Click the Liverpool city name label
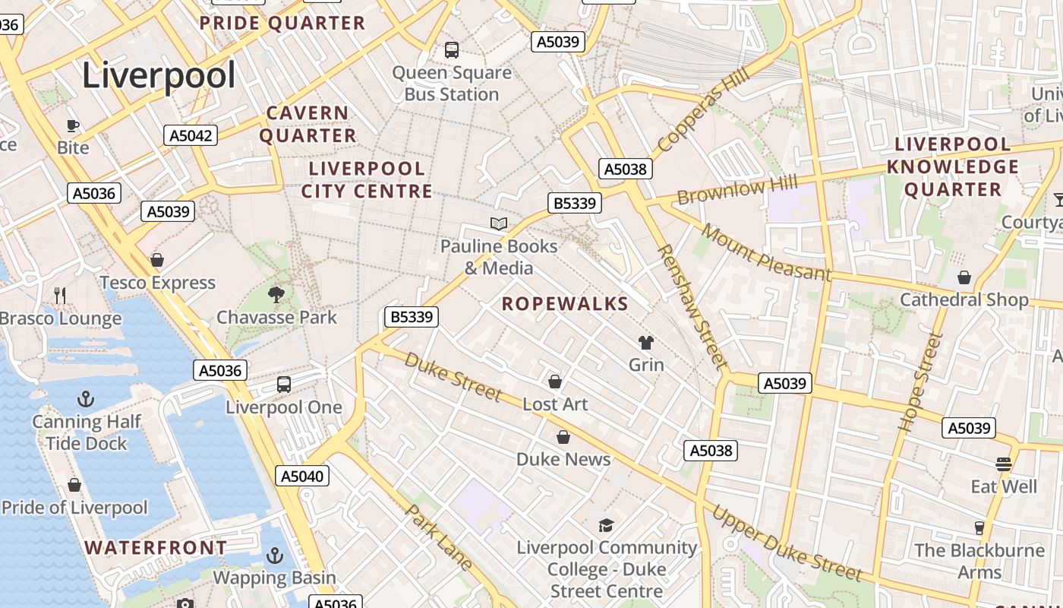coord(159,75)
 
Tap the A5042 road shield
coord(191,135)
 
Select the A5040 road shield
coord(301,477)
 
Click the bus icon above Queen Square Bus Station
coord(452,50)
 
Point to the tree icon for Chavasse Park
coord(276,294)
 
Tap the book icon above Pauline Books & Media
coord(499,223)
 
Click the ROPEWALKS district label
coord(565,304)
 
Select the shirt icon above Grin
coord(646,343)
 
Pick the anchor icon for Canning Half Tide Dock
coord(86,399)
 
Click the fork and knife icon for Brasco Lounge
coord(60,296)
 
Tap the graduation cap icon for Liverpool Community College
coord(606,525)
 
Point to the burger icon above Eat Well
coord(1004,464)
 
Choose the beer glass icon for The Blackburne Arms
coord(979,527)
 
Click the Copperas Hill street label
coord(703,111)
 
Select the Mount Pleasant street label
coord(765,252)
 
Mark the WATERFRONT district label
coord(155,547)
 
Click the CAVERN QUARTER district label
coord(308,125)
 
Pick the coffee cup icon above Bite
coord(73,125)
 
